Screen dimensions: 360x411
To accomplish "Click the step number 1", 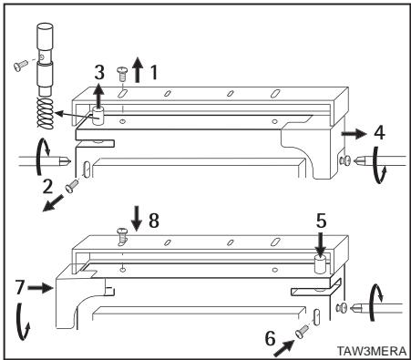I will (158, 69).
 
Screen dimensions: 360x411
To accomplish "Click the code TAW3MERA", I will (371, 348).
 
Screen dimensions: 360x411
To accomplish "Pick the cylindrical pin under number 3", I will (100, 116).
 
